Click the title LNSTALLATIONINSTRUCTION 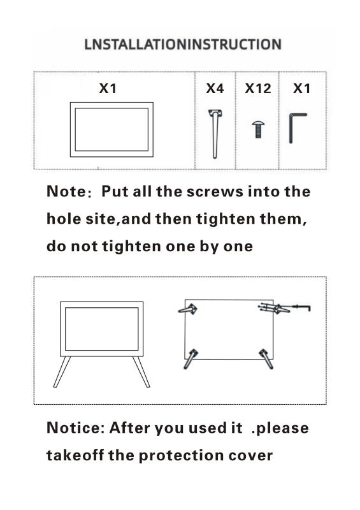coord(183,45)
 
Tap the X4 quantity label coord(215,89)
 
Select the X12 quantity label coord(258,89)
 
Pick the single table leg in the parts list coord(215,134)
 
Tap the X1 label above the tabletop coord(108,89)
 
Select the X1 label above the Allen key coord(302,89)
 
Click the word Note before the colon coord(66,191)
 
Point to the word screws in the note coord(215,192)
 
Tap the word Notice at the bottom coord(73,428)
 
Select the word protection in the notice coord(181,456)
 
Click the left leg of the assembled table coord(62,372)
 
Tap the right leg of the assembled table coord(141,372)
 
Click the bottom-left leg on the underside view coord(191,359)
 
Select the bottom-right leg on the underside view coord(266,359)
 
